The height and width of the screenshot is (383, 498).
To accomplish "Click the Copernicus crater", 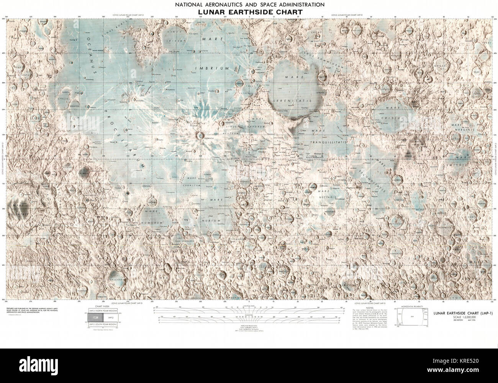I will [200, 134].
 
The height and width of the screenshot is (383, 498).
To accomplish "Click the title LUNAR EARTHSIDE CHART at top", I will [250, 12].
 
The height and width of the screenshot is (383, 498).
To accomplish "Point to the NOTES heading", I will [369, 308].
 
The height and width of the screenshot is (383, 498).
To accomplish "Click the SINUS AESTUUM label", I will [233, 133].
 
